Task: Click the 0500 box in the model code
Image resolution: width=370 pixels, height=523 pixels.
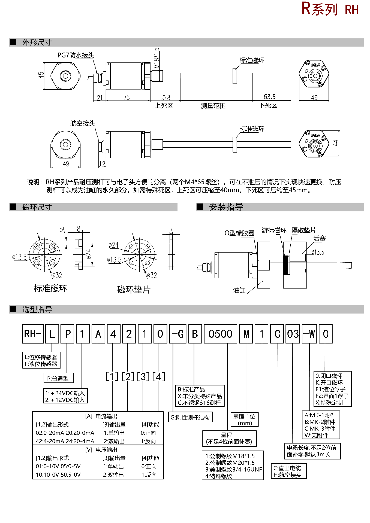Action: pyautogui.click(x=220, y=334)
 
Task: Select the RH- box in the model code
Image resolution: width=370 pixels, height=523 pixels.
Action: pyautogui.click(x=33, y=334)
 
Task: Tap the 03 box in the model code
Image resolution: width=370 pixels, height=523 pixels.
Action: pyautogui.click(x=293, y=334)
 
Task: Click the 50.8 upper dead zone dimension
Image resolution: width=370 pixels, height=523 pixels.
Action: pyautogui.click(x=165, y=98)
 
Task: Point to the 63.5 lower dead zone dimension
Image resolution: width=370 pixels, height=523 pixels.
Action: pyautogui.click(x=269, y=97)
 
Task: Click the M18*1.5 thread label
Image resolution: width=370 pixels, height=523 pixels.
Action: pyautogui.click(x=157, y=58)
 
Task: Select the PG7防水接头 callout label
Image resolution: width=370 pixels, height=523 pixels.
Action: pyautogui.click(x=76, y=55)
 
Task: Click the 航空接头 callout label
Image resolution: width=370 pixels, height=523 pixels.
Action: pyautogui.click(x=83, y=123)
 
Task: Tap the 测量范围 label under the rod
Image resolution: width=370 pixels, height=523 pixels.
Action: pyautogui.click(x=213, y=106)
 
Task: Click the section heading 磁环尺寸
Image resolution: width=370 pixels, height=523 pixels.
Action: pyautogui.click(x=37, y=207)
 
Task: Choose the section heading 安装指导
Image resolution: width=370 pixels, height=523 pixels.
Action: pyautogui.click(x=226, y=207)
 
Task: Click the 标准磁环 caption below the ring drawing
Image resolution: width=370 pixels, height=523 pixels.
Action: pyautogui.click(x=50, y=288)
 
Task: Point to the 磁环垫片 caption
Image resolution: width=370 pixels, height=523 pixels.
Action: pyautogui.click(x=134, y=289)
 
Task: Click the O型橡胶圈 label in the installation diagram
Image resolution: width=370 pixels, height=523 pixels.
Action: pyautogui.click(x=239, y=233)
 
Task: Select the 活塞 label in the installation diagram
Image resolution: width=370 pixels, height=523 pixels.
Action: pyautogui.click(x=319, y=239)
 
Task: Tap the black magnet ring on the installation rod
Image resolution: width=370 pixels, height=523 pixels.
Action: pyautogui.click(x=286, y=265)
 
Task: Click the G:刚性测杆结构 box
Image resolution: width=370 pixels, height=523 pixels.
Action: pyautogui.click(x=190, y=417)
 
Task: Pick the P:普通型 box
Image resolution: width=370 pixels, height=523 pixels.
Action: pyautogui.click(x=58, y=378)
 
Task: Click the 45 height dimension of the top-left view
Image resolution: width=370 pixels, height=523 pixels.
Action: pyautogui.click(x=41, y=75)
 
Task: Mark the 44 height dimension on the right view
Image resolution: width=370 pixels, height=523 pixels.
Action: pyautogui.click(x=336, y=143)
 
